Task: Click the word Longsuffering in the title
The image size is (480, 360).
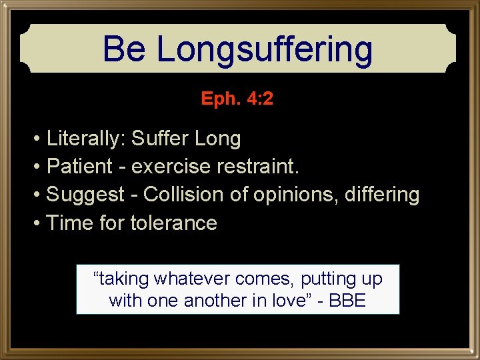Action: [264, 49]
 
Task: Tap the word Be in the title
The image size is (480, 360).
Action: [125, 49]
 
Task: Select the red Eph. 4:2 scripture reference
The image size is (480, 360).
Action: [237, 99]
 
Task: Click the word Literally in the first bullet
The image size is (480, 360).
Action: [85, 139]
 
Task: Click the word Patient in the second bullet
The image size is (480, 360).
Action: [80, 167]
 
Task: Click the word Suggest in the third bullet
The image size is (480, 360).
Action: [85, 195]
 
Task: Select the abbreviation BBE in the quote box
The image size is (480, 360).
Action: [347, 301]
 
